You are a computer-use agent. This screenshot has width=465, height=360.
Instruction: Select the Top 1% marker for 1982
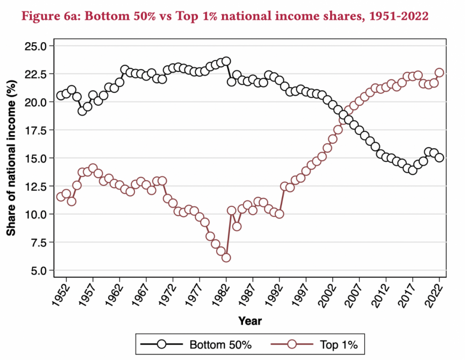[226, 258]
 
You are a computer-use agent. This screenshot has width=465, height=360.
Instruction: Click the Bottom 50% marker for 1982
[226, 61]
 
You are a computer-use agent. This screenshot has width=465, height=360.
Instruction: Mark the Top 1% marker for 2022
[439, 72]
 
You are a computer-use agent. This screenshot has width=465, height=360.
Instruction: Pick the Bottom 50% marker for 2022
[439, 157]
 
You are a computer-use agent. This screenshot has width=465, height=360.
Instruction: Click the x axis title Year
[250, 321]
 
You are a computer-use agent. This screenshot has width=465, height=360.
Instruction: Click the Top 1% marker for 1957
[93, 168]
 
